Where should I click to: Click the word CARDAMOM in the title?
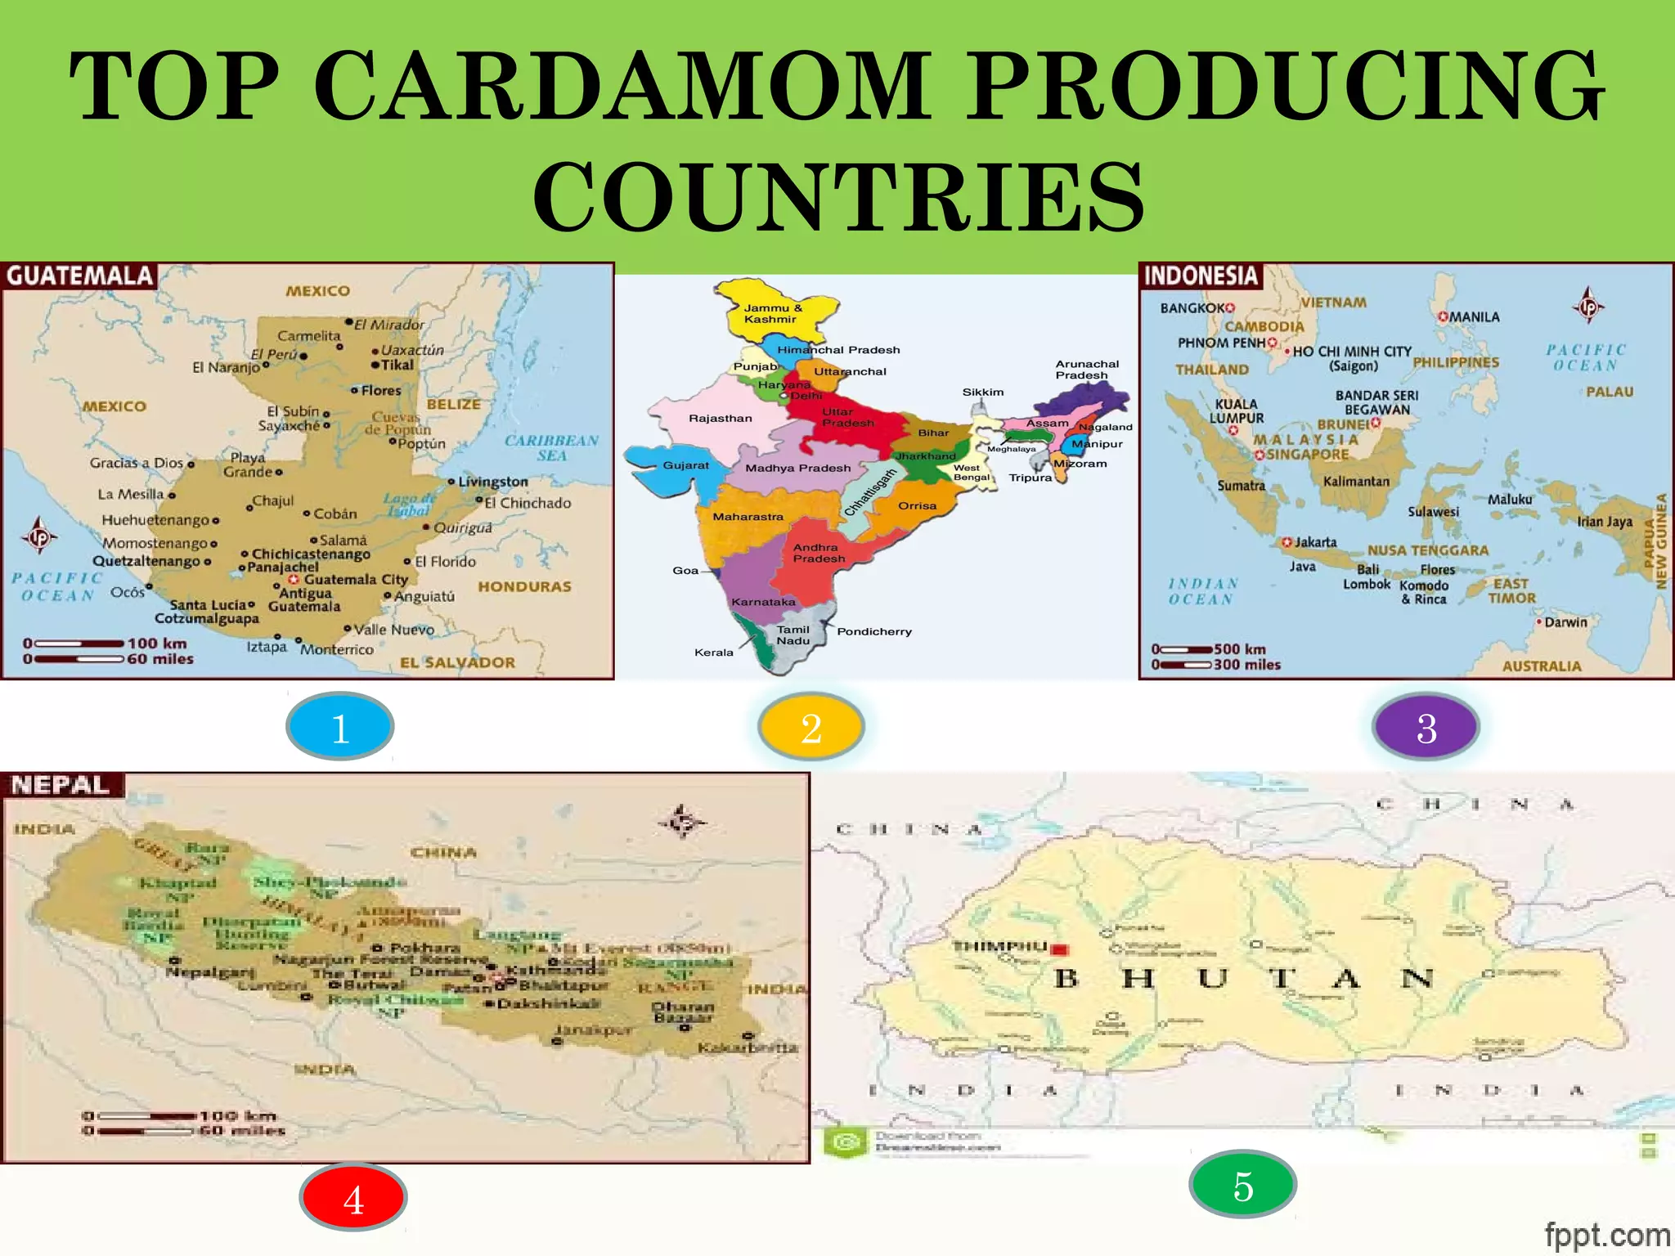tap(622, 86)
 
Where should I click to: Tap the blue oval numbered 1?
tap(340, 726)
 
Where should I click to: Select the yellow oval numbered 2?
tap(811, 726)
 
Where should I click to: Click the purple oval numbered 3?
tap(1426, 726)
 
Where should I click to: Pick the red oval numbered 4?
tap(353, 1198)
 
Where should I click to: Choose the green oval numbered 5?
tap(1243, 1185)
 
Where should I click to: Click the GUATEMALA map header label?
tap(79, 276)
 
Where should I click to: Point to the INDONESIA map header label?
tap(1201, 276)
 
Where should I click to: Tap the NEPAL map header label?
tap(61, 785)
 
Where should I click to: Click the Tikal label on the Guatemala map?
tap(397, 365)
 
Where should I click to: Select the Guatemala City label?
tap(356, 579)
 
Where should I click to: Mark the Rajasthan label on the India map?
tap(720, 418)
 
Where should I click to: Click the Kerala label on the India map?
tap(713, 653)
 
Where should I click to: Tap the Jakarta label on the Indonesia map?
tap(1315, 542)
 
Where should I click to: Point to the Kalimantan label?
tap(1356, 481)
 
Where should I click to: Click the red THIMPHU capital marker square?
tap(1059, 949)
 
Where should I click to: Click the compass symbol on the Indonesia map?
tap(1587, 306)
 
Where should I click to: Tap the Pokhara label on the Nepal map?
tap(424, 948)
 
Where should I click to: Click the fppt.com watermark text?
tap(1606, 1235)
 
